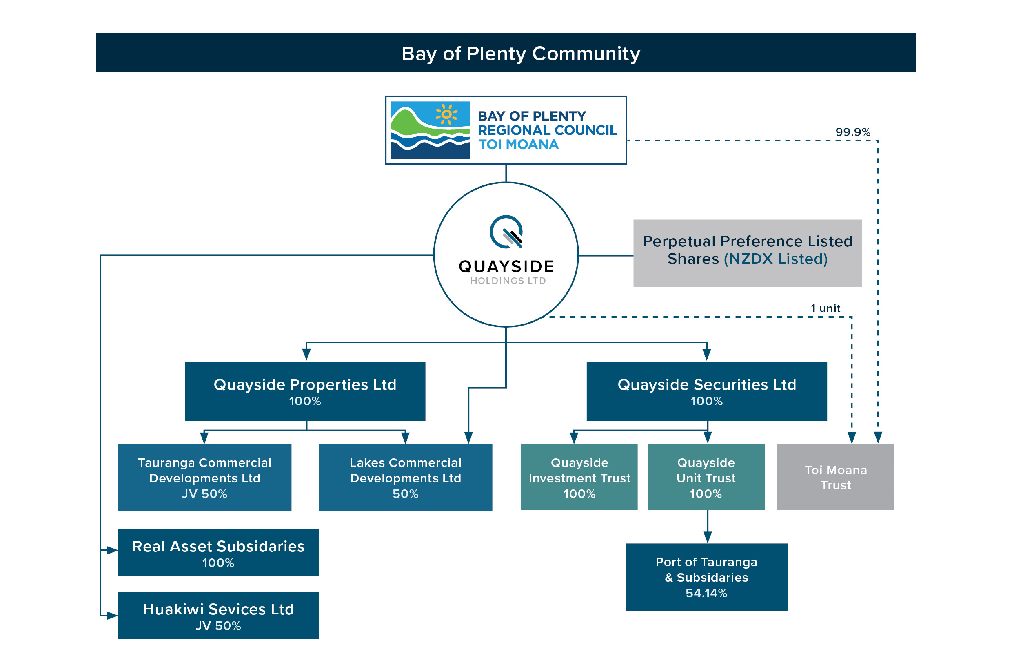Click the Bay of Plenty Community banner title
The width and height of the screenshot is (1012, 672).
(x=520, y=54)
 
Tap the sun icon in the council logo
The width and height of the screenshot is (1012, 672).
(x=446, y=114)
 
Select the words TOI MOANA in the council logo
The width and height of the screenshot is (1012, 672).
(x=518, y=145)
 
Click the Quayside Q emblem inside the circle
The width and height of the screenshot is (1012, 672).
(x=506, y=232)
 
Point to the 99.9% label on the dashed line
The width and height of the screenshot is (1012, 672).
(x=852, y=132)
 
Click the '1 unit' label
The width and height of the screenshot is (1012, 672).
(x=825, y=308)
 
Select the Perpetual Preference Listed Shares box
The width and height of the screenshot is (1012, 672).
(x=747, y=253)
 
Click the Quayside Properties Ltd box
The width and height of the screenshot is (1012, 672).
(x=305, y=391)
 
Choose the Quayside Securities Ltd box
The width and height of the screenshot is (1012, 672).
(x=706, y=391)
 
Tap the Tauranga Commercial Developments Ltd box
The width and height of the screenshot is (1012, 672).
(x=204, y=478)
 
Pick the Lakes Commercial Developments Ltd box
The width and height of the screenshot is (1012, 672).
(x=405, y=478)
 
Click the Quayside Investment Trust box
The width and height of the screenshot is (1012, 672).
(x=579, y=477)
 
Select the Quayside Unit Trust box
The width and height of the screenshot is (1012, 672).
(x=706, y=477)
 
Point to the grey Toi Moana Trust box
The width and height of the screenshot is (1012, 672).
(x=835, y=477)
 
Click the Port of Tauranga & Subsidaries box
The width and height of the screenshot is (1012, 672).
(x=706, y=577)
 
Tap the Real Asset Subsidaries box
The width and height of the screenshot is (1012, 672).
(x=218, y=552)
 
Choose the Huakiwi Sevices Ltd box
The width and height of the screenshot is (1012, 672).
(x=218, y=616)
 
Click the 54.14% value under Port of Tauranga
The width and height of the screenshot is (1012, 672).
(x=706, y=593)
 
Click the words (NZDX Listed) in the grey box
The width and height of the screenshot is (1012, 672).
(x=775, y=259)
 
